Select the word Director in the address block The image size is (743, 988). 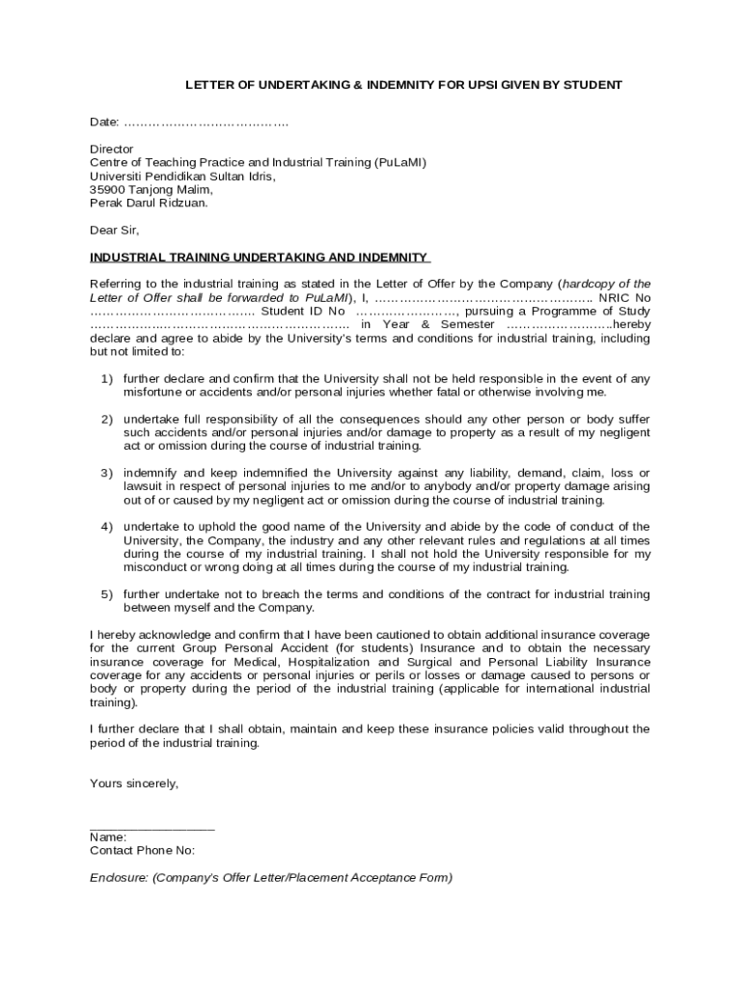coord(112,150)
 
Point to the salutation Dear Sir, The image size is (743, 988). coord(115,231)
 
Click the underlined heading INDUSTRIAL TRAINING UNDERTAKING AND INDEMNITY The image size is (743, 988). coord(259,258)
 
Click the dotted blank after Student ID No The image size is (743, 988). coord(406,312)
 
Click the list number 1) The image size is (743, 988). coord(107,379)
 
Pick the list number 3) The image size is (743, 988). coord(107,473)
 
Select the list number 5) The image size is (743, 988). coord(107,594)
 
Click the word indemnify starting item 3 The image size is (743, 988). coord(150,473)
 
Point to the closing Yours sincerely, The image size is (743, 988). coord(134,783)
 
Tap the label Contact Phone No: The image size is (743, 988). coord(142,851)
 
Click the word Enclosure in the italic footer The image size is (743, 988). coord(118,878)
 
